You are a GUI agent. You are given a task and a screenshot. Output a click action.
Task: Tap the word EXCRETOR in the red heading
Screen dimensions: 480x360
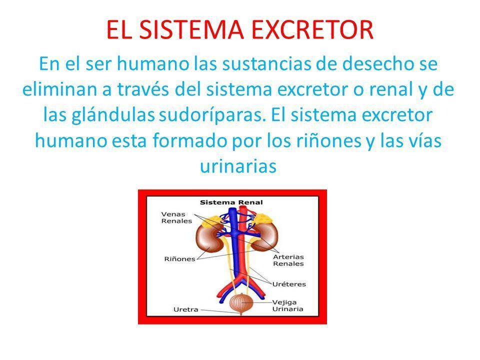(312, 29)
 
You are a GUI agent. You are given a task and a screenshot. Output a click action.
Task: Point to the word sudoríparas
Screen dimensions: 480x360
(212, 115)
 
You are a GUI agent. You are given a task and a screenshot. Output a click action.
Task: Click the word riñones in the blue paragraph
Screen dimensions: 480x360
(328, 140)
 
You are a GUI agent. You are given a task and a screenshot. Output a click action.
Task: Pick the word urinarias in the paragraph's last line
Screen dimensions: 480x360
(238, 166)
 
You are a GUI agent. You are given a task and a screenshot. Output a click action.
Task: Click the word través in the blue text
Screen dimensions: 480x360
(142, 89)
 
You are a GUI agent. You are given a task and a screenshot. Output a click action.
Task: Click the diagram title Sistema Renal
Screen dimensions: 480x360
(231, 202)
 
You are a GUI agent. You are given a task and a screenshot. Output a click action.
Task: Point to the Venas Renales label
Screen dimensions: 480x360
(176, 217)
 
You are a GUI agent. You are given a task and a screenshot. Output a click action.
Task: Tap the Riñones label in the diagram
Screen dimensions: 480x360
(179, 259)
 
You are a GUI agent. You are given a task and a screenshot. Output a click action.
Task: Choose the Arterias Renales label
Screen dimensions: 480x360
(288, 260)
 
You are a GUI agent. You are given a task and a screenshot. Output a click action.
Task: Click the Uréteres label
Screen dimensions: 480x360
(289, 284)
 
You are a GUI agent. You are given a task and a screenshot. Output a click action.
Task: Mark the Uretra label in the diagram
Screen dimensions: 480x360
(186, 309)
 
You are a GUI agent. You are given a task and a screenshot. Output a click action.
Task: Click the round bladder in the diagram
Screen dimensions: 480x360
(241, 302)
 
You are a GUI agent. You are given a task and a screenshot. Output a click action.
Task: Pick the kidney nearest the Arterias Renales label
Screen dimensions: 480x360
(265, 237)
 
